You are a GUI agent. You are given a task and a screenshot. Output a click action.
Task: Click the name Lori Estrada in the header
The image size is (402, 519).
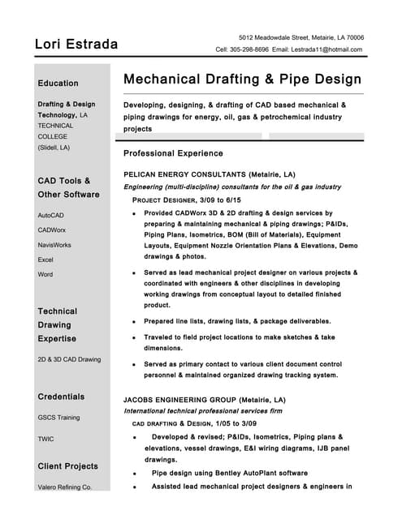click(76, 44)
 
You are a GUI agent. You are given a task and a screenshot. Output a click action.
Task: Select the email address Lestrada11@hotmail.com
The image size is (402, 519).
click(329, 49)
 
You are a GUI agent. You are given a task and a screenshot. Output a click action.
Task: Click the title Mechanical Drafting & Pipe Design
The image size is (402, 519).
click(242, 79)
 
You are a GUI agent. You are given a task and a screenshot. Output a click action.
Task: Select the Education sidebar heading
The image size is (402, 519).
click(58, 83)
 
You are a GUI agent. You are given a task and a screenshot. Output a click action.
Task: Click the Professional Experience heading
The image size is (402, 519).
click(173, 153)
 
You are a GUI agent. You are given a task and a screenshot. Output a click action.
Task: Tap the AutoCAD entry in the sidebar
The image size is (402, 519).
click(50, 215)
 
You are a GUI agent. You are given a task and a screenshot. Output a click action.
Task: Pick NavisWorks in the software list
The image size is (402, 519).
click(54, 244)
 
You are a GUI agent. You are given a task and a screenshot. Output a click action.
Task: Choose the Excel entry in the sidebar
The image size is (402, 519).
click(45, 259)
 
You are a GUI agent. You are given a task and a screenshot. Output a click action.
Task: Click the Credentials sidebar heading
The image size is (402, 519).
click(61, 397)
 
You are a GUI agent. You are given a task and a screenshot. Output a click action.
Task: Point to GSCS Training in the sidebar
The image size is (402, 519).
click(58, 418)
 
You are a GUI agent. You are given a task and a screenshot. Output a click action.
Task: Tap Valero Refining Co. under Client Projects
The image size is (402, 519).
click(65, 487)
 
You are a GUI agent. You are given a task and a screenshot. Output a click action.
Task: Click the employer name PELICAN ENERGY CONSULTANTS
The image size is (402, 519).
click(184, 174)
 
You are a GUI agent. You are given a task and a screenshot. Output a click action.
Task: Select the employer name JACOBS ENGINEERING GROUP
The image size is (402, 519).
click(183, 400)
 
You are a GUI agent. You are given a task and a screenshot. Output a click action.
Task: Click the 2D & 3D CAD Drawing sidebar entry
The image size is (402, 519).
click(69, 358)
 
